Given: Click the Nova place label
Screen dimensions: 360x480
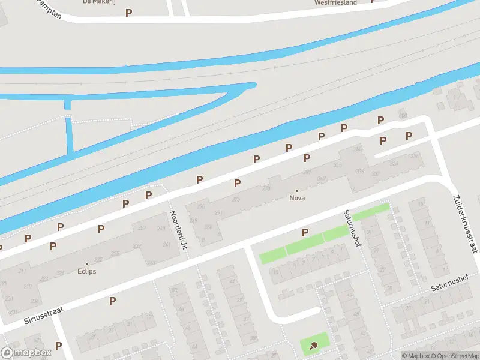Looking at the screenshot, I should [x=296, y=198].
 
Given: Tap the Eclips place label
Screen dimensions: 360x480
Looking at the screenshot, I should [x=86, y=271].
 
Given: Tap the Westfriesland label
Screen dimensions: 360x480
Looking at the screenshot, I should [x=335, y=2].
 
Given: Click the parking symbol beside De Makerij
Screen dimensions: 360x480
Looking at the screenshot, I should [x=128, y=12].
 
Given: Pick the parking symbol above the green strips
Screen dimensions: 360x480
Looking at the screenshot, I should [x=305, y=232].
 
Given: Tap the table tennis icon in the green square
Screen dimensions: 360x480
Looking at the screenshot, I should [x=314, y=345].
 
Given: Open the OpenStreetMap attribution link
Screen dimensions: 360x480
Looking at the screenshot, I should [x=454, y=356].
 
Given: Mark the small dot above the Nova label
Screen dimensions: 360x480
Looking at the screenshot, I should [x=296, y=190].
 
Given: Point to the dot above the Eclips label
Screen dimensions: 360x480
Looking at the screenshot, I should [x=86, y=263].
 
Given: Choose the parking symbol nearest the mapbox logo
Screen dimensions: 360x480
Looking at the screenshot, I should [x=58, y=345].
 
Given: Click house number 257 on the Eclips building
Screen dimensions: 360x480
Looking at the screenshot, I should [x=142, y=228].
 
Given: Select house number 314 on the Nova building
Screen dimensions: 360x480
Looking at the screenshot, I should [x=358, y=149].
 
